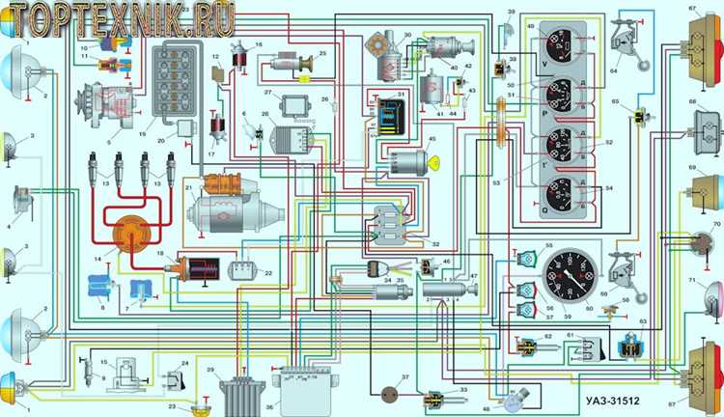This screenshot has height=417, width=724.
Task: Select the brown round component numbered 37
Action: click(x=391, y=393)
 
